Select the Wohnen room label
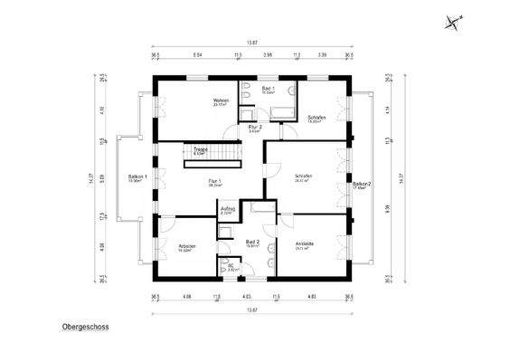(x=220, y=101)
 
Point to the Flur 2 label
(x=255, y=129)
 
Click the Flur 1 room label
(x=214, y=182)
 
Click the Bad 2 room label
(x=253, y=243)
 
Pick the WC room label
(x=232, y=267)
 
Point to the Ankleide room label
(x=305, y=243)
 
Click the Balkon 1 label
(x=137, y=178)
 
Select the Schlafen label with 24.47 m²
(x=303, y=177)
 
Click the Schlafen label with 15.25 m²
(x=316, y=119)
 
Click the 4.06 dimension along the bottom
(x=186, y=296)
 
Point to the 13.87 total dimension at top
(x=252, y=43)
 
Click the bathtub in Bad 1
(x=281, y=112)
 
